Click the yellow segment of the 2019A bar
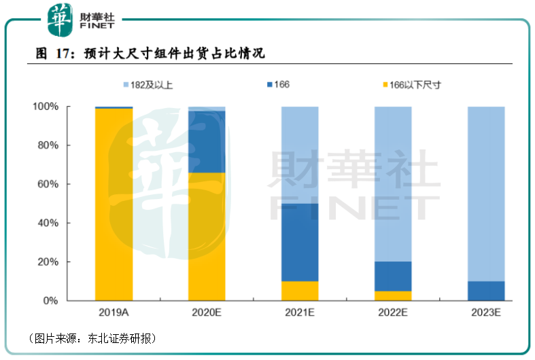[x=114, y=204]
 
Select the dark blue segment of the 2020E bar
[x=207, y=142]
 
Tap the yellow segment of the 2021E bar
[x=300, y=291]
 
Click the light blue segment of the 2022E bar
[x=393, y=184]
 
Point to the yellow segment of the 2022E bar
[x=393, y=296]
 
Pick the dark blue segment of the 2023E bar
[x=486, y=291]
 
